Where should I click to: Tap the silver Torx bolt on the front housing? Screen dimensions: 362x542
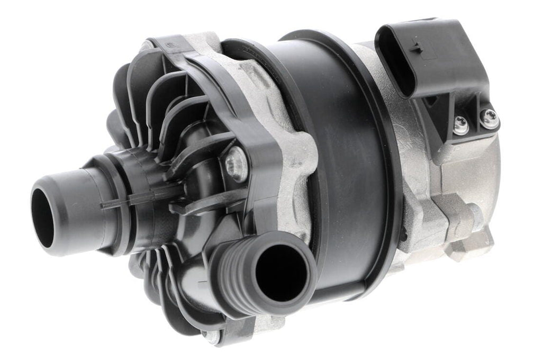(x=236, y=164)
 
